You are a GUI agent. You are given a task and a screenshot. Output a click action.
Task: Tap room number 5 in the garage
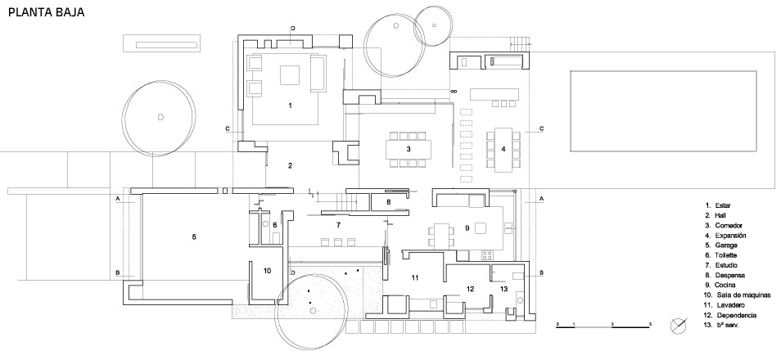194,237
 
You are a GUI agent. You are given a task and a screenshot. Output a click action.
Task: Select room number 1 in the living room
290,106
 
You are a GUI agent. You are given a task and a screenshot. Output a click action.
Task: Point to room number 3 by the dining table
408,149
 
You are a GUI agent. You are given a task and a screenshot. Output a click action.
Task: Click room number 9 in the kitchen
466,227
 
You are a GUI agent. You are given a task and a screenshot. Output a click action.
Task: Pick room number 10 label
267,270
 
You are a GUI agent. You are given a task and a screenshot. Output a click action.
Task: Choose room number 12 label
470,289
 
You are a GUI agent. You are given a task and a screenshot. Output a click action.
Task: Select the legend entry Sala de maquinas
736,295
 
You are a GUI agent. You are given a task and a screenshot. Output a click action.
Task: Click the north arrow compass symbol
679,325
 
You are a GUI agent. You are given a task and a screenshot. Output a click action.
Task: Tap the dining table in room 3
408,149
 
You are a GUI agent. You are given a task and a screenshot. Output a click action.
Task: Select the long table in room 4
503,148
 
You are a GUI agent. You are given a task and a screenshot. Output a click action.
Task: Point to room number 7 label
336,224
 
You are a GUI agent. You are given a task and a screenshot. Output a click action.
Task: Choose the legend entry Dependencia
734,315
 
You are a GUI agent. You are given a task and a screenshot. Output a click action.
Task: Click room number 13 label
503,289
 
